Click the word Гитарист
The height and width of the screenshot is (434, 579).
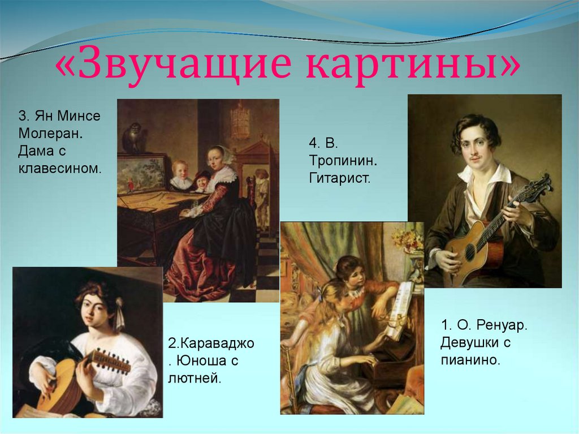coord(339,178)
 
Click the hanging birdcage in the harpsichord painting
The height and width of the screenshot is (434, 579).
coord(240,121)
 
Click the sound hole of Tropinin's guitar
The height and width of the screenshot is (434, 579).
coord(470,251)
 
